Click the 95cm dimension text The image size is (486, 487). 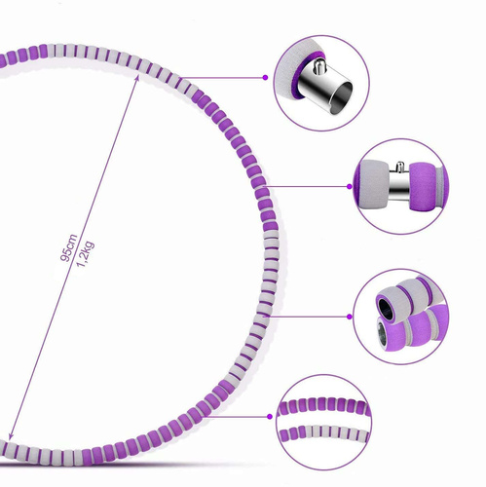tap(69, 247)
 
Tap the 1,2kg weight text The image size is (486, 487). tap(85, 254)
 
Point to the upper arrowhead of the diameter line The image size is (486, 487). tap(137, 78)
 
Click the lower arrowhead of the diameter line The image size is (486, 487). tap(11, 436)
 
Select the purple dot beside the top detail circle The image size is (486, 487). tap(265, 78)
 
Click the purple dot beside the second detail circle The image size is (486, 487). tap(350, 186)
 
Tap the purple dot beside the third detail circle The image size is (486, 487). tap(350, 317)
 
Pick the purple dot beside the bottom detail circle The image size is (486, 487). tap(270, 417)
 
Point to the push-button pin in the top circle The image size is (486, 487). tap(318, 66)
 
